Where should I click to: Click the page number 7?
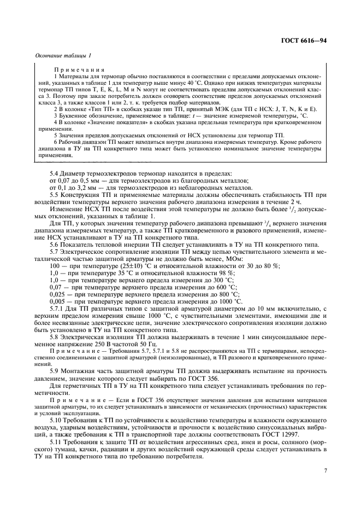pyautogui.click(x=325, y=470)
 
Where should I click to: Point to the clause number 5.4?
pyautogui.click(x=54, y=173)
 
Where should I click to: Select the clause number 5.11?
pyautogui.click(x=56, y=441)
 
